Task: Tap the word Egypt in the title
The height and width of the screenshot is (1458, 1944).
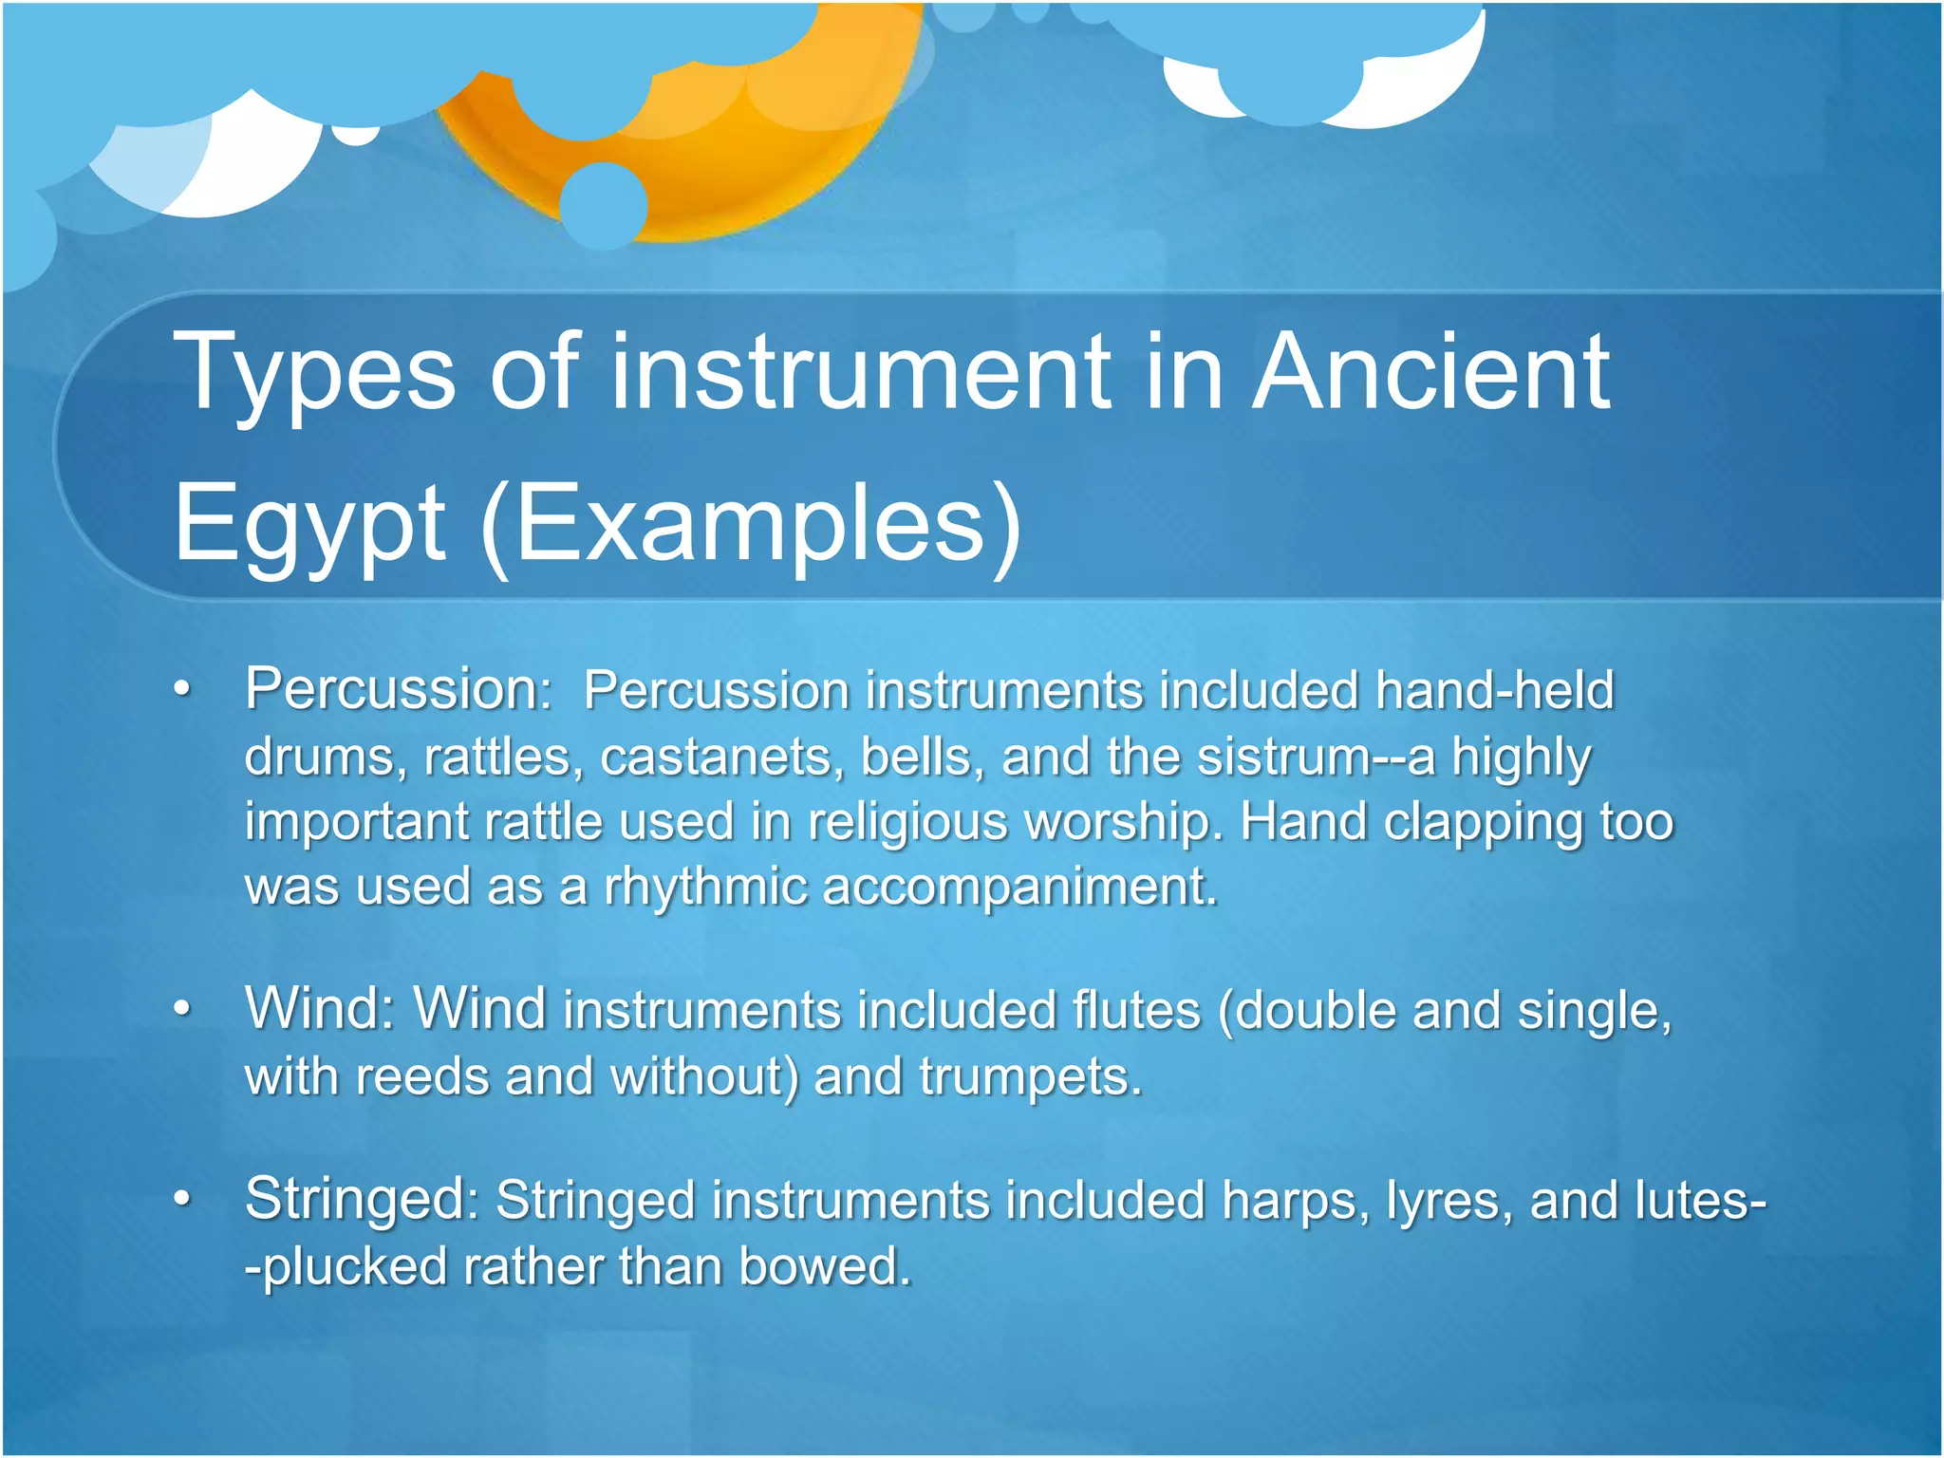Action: tap(308, 525)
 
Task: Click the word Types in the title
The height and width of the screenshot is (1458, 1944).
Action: tap(314, 375)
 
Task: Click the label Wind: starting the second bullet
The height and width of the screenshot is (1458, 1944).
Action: tap(319, 1009)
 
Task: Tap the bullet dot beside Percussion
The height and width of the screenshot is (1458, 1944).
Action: tap(183, 690)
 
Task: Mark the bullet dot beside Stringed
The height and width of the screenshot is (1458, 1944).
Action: tap(183, 1201)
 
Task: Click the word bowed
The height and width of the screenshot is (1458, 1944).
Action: tap(824, 1267)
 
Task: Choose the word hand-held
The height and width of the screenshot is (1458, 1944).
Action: tap(1494, 690)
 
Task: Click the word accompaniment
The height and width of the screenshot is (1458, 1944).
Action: tap(1019, 888)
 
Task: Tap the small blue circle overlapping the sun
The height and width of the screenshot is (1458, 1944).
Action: tap(604, 204)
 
